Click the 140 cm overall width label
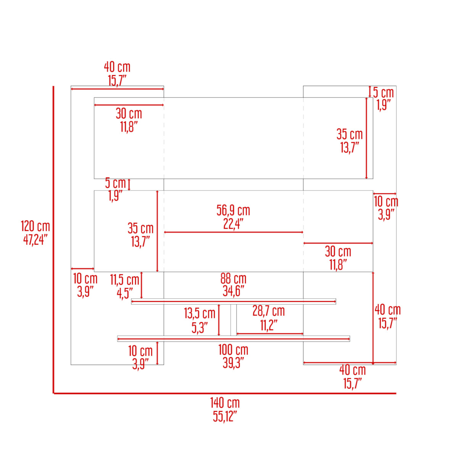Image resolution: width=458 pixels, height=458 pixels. pyautogui.click(x=225, y=403)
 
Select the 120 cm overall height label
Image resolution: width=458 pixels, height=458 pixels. pyautogui.click(x=35, y=226)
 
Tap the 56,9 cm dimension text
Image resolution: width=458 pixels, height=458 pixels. pyautogui.click(x=233, y=210)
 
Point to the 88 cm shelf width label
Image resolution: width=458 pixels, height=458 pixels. pyautogui.click(x=233, y=279)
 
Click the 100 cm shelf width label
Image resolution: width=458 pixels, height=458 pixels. pyautogui.click(x=233, y=350)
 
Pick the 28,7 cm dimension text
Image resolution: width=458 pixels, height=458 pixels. pyautogui.click(x=268, y=311)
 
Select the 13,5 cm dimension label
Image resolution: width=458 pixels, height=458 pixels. pyautogui.click(x=200, y=313)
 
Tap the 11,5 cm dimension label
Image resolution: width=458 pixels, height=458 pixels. pyautogui.click(x=124, y=280)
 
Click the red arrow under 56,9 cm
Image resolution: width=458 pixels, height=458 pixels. pyautogui.click(x=234, y=232)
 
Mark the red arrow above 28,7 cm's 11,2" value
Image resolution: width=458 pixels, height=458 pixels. pyautogui.click(x=269, y=334)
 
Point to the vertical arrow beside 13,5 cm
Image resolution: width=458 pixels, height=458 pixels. pyautogui.click(x=219, y=320)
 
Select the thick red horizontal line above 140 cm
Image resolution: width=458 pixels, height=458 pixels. pyautogui.click(x=225, y=393)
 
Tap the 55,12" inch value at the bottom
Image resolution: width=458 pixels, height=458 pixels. pyautogui.click(x=225, y=416)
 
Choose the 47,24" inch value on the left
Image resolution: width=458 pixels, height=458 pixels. pyautogui.click(x=35, y=240)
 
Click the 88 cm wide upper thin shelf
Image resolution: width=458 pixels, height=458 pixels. pyautogui.click(x=234, y=302)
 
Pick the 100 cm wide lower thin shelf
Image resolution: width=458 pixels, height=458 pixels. pyautogui.click(x=234, y=339)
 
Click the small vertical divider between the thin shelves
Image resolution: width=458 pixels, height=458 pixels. pyautogui.click(x=233, y=320)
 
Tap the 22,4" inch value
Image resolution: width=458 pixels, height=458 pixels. pyautogui.click(x=233, y=224)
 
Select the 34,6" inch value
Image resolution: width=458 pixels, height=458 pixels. pyautogui.click(x=233, y=292)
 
